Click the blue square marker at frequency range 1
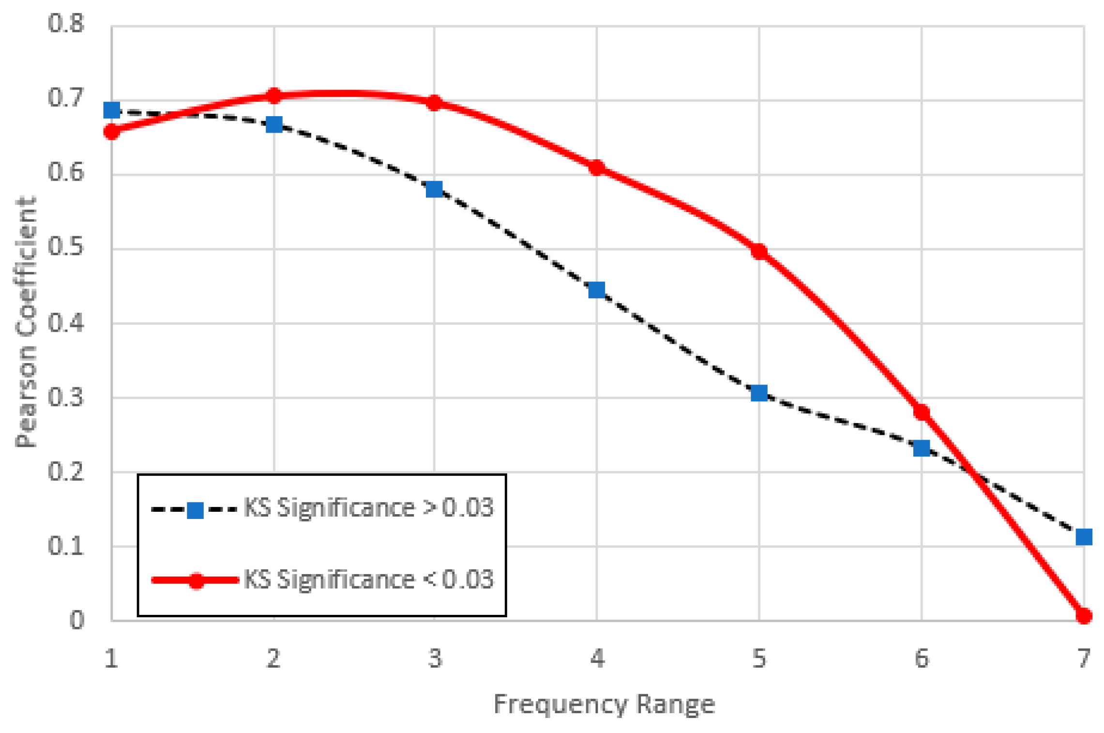[x=112, y=110]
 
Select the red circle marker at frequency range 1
[x=112, y=131]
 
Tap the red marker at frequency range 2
[x=274, y=96]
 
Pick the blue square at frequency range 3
[x=434, y=189]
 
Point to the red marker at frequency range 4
[x=597, y=168]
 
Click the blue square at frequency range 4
[x=596, y=290]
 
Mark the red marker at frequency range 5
[x=759, y=251]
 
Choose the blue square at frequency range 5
[x=759, y=393]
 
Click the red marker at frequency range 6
[x=922, y=412]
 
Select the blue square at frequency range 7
[x=1084, y=537]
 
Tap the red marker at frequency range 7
[x=1084, y=616]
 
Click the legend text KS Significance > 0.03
[x=369, y=508]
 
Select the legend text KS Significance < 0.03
[x=369, y=579]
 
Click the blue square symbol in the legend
[x=195, y=510]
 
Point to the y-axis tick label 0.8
[x=66, y=23]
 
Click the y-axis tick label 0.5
[x=66, y=247]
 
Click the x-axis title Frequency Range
[x=604, y=704]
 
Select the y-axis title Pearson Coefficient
[x=26, y=322]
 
